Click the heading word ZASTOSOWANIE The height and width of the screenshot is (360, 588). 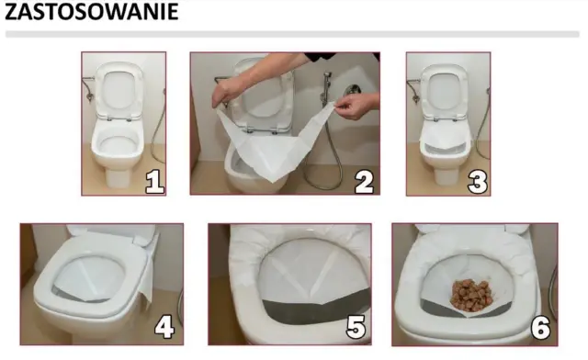pos(92,11)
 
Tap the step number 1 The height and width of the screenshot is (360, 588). pos(154,182)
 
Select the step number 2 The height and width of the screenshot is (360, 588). pos(364,182)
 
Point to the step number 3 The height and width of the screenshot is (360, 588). pos(478,182)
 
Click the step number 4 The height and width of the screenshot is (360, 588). pos(164,326)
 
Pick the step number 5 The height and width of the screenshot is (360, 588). pos(356,327)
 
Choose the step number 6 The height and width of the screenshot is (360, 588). pos(540,327)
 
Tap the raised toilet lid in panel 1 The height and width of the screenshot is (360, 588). pos(119,90)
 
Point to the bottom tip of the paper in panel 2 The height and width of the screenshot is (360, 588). pos(275,182)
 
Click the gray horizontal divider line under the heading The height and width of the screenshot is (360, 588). pos(292,35)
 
